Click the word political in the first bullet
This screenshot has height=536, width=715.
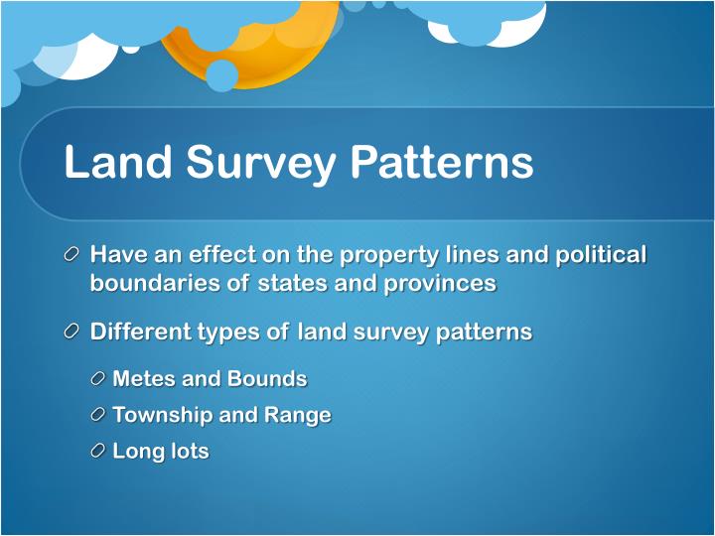[x=600, y=255]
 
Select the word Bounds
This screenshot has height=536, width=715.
[x=267, y=379]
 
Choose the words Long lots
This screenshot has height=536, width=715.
[x=161, y=452]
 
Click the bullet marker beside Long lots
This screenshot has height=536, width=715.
[x=96, y=451]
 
